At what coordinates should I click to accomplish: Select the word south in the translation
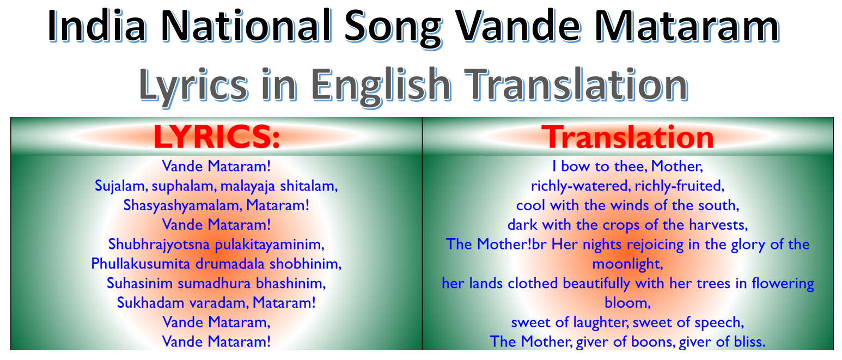pyautogui.click(x=719, y=205)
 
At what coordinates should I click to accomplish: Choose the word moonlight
pyautogui.click(x=627, y=264)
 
